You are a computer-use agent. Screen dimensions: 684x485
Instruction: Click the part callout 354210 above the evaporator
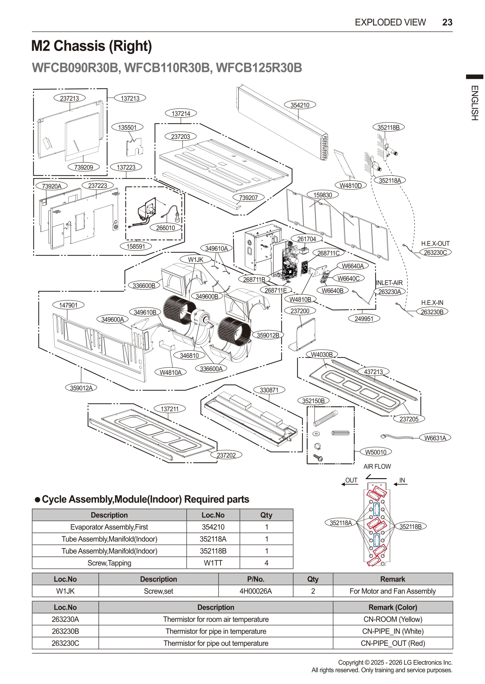[300, 105]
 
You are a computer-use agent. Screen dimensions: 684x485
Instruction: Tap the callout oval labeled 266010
[165, 228]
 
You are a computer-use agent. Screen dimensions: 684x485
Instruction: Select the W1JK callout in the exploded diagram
[195, 260]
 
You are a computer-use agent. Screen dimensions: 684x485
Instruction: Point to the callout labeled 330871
[269, 390]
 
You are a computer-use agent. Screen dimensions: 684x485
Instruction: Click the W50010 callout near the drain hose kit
[375, 452]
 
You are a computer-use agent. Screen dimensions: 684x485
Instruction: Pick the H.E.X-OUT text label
[435, 244]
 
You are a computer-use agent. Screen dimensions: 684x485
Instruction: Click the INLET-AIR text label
[389, 283]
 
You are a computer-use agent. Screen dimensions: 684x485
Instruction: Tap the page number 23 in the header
[447, 22]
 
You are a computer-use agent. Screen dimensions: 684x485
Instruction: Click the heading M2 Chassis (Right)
[92, 46]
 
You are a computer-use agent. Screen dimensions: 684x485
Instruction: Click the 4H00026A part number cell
[255, 591]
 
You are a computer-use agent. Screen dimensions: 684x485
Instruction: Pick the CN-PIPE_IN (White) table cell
[393, 631]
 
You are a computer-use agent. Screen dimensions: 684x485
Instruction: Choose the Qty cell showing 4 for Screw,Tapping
[266, 563]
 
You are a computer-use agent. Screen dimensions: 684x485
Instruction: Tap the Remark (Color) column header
[393, 607]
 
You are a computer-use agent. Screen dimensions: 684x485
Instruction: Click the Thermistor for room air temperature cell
[216, 619]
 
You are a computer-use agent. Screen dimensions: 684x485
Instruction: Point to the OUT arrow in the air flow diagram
[350, 482]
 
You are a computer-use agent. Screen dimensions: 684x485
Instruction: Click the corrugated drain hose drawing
[325, 418]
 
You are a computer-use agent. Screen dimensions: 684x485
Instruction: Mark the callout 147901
[68, 305]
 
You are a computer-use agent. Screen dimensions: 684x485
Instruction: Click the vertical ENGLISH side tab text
[475, 103]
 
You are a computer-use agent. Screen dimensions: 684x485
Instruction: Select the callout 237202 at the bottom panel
[226, 455]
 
